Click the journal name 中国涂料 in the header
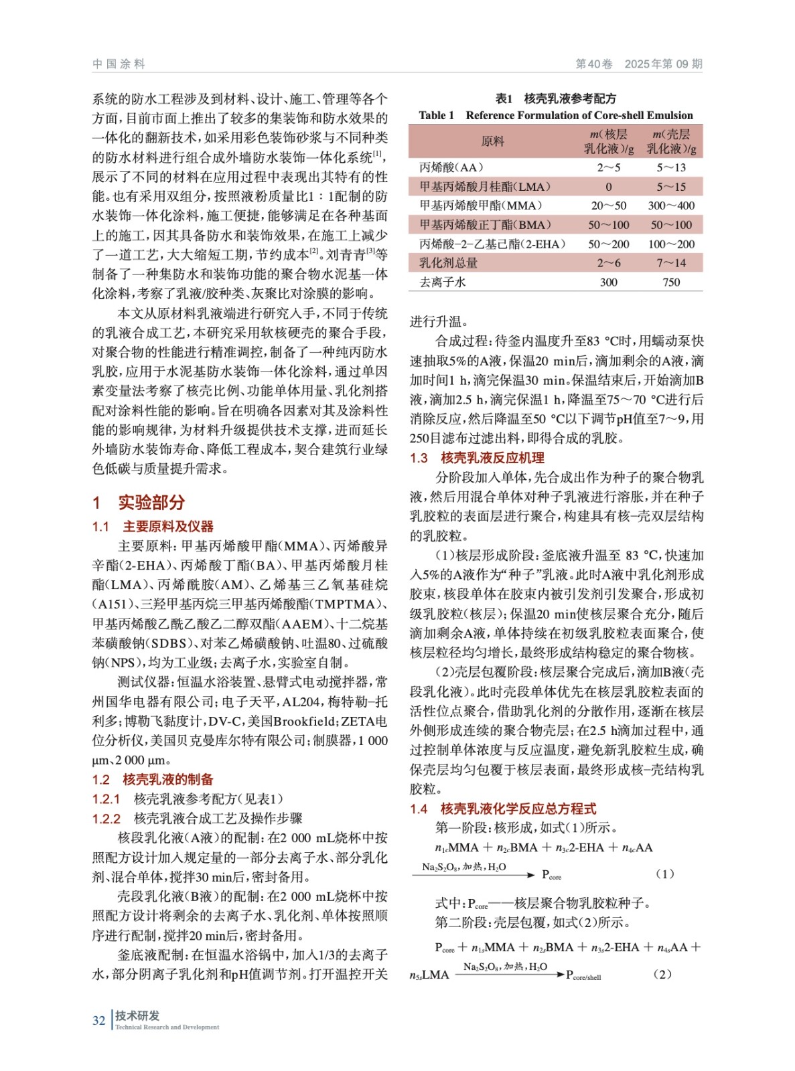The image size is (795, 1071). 119,64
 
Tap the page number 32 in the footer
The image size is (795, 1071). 98,1020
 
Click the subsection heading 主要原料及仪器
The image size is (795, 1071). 167,527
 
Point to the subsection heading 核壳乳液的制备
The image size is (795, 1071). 167,779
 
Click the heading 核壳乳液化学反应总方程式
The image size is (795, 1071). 518,809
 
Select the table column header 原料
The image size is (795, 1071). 492,141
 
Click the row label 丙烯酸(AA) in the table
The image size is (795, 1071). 451,167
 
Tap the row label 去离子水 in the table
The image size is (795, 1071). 442,282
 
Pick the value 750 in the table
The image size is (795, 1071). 670,282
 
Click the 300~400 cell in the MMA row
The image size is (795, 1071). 670,205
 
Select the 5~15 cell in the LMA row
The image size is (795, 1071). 670,187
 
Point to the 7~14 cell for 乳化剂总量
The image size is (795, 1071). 670,263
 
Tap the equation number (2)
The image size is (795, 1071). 662,975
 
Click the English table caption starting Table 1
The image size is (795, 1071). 555,115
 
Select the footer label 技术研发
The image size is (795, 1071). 137,1015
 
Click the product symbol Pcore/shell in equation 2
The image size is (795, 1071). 583,975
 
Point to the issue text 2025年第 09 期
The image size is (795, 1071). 663,64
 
